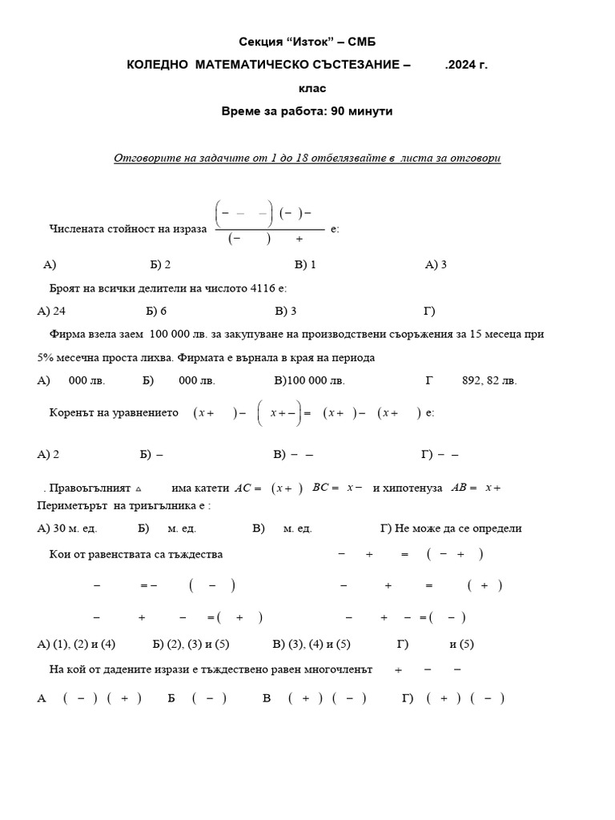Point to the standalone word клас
click(x=307, y=88)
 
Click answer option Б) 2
click(x=160, y=263)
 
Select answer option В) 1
click(x=305, y=263)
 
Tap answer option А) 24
click(x=51, y=310)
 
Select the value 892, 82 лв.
click(x=489, y=380)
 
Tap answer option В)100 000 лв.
click(x=310, y=380)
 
